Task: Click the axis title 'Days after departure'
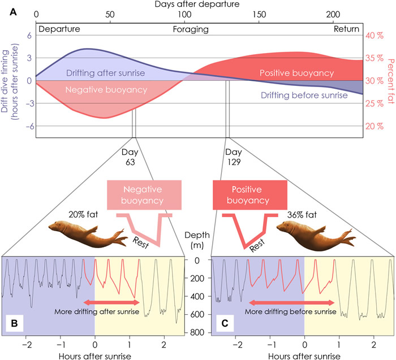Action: (199, 5)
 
